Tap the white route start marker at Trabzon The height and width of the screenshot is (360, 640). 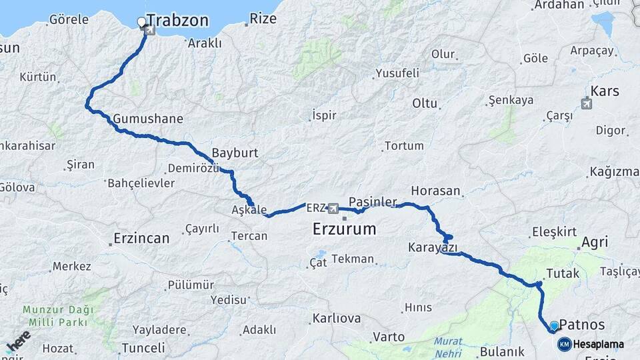(141, 23)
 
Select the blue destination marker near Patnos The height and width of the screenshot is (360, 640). (553, 326)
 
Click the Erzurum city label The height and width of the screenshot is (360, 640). (344, 230)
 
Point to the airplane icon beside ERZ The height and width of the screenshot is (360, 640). (333, 208)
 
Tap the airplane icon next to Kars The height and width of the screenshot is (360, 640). (587, 103)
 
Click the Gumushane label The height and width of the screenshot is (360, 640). (148, 119)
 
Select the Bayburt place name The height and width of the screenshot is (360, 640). (235, 153)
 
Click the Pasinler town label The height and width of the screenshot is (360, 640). (373, 201)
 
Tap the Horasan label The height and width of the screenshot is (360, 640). (435, 191)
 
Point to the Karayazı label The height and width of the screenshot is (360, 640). (433, 248)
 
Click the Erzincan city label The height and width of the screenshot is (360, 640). (141, 238)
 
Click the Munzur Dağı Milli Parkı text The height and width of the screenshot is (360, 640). (55, 316)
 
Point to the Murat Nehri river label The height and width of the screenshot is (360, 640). (447, 346)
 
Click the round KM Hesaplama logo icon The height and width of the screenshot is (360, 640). (565, 344)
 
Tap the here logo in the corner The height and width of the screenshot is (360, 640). (18, 340)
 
